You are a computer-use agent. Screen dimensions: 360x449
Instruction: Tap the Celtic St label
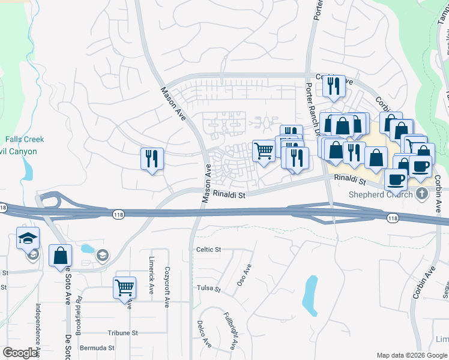tap(209, 250)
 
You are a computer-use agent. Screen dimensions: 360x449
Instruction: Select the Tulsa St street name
tap(209, 289)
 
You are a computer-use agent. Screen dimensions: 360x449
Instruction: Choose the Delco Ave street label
tap(203, 334)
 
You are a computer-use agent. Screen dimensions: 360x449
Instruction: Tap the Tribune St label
tap(122, 332)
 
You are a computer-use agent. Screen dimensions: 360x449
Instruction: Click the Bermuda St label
tap(98, 348)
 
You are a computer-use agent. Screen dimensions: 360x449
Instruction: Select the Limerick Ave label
tap(151, 276)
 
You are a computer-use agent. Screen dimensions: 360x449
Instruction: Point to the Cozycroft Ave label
tap(167, 287)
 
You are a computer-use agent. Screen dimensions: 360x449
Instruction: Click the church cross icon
tap(422, 193)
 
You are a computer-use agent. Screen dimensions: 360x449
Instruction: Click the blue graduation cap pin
tap(28, 239)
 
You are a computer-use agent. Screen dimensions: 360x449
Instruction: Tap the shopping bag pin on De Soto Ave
tap(60, 256)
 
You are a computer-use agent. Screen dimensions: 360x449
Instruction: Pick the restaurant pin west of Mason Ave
tap(151, 159)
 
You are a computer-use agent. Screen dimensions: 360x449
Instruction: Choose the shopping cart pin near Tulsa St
tap(124, 287)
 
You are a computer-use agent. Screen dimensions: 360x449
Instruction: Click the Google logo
tap(20, 353)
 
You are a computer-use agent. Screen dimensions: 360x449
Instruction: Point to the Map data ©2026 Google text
tap(412, 355)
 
